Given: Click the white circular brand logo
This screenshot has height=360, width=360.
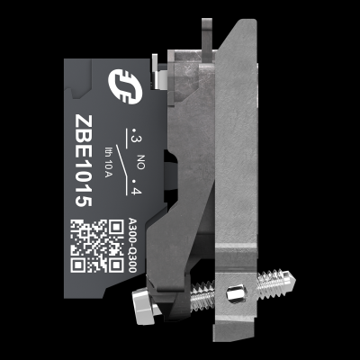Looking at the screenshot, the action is click(125, 86).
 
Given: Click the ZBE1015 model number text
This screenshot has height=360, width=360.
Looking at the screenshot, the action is click(84, 160).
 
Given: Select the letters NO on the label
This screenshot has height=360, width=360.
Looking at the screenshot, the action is click(140, 162).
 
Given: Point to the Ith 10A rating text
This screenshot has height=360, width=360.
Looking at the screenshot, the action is click(108, 161).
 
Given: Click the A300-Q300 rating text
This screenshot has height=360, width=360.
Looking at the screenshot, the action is click(132, 245).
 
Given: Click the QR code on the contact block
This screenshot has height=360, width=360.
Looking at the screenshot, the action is click(97, 246).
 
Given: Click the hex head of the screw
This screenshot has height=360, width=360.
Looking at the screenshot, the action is click(143, 305).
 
